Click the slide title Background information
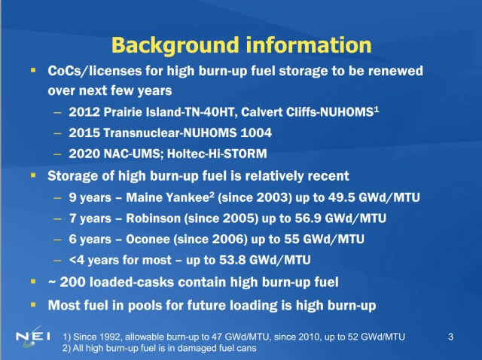click(240, 44)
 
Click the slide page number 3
click(450, 336)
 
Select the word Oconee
click(153, 239)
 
